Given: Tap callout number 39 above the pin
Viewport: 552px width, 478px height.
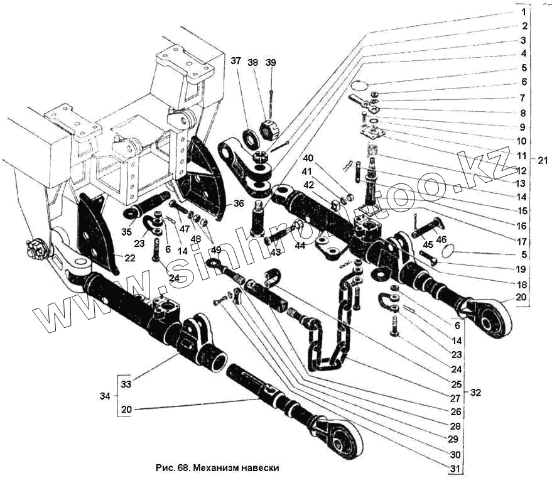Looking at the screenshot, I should pyautogui.click(x=271, y=62).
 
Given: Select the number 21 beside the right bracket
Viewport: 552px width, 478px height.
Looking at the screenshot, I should pyautogui.click(x=543, y=160).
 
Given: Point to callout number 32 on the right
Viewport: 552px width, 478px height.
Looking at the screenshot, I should pyautogui.click(x=475, y=393).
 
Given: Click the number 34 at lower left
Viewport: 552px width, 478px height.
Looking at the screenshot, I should pyautogui.click(x=106, y=396).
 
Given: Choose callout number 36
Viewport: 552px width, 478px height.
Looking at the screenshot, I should pyautogui.click(x=238, y=203).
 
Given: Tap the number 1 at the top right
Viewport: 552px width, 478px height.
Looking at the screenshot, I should pyautogui.click(x=523, y=11).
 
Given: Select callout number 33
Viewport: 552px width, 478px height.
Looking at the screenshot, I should pyautogui.click(x=126, y=383).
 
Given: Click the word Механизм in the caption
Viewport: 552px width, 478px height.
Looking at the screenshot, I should pyautogui.click(x=215, y=468).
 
